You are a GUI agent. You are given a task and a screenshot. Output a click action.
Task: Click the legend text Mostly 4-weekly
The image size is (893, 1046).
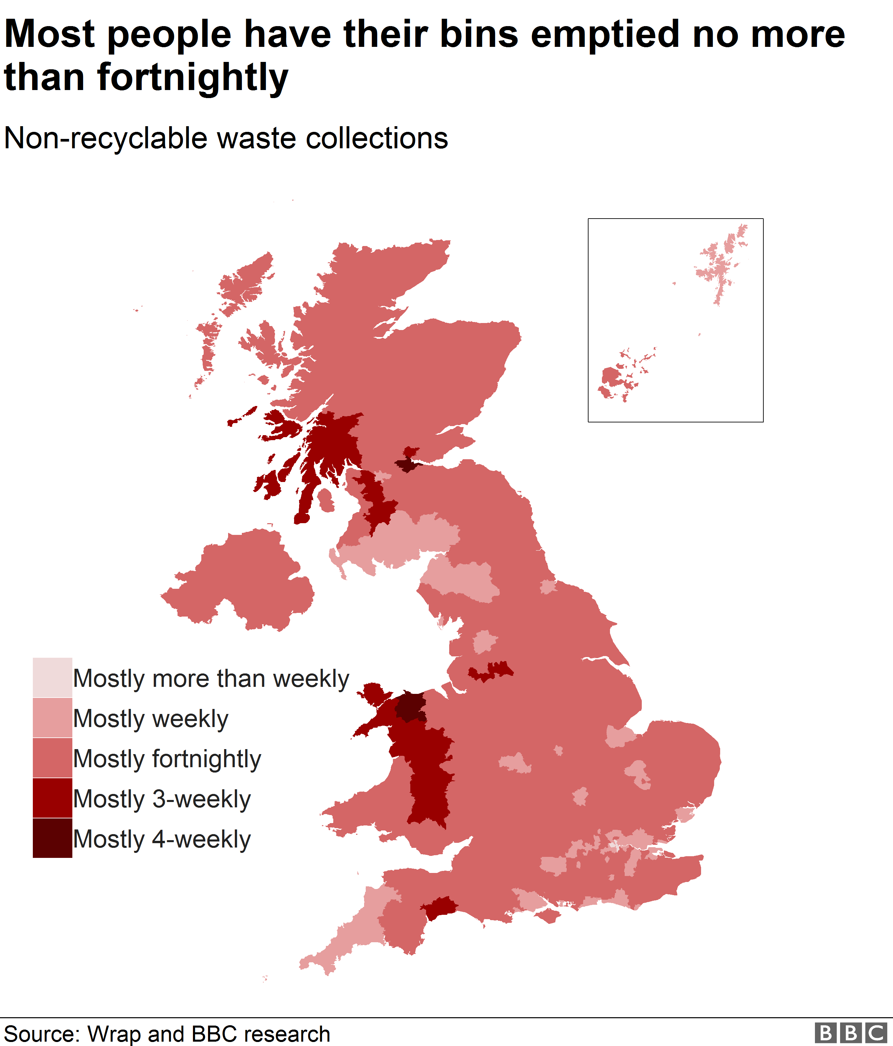162,839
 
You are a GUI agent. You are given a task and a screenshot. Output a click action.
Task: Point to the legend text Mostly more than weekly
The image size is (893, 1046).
211,678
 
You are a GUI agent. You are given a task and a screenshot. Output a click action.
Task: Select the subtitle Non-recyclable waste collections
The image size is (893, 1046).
226,138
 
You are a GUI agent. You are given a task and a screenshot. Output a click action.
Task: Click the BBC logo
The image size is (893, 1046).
850,1033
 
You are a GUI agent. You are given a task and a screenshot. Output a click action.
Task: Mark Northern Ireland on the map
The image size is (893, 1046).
243,580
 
